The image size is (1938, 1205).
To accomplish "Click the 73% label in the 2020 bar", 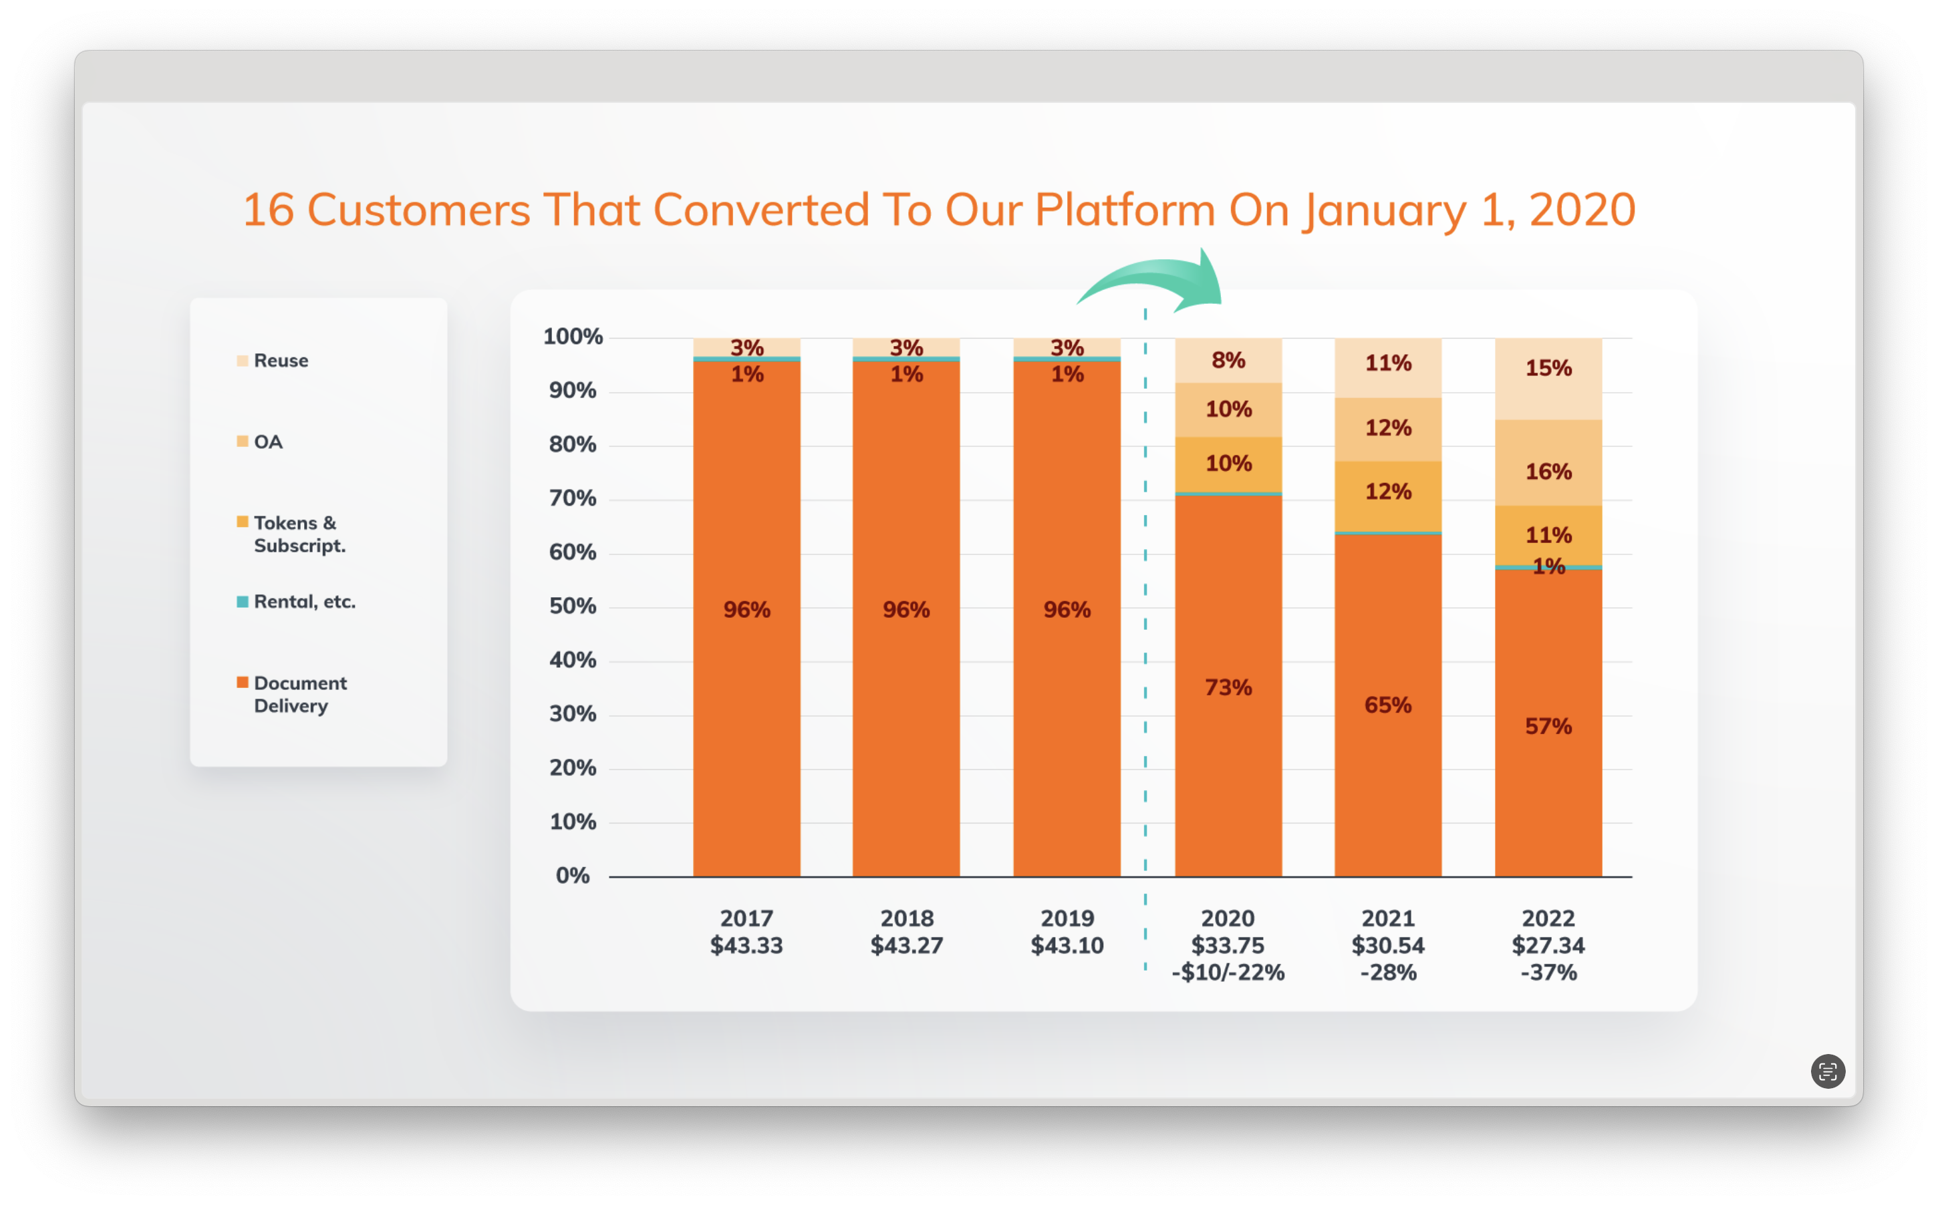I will pos(1228,687).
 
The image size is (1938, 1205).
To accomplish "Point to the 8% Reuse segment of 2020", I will pos(1228,360).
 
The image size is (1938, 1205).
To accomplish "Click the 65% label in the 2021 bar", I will pos(1387,705).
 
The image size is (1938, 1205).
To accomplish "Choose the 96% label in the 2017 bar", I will pos(746,610).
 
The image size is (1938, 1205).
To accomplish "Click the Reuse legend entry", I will pos(281,360).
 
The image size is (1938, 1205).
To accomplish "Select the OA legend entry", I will pos(268,442).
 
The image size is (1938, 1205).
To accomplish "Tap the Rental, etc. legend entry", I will pos(304,602).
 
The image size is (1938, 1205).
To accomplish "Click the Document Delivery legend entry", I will pos(300,694).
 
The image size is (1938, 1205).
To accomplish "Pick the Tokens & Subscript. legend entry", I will pos(299,534).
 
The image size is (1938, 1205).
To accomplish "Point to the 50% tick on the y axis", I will pos(573,607).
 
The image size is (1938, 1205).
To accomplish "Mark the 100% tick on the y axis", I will pos(573,336).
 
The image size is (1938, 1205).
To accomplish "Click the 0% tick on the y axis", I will pos(573,876).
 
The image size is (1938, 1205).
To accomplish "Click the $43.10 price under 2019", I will pos(1067,945).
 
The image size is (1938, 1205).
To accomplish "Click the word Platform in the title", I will pos(1124,210).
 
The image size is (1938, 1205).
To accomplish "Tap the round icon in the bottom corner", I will pos(1827,1071).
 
